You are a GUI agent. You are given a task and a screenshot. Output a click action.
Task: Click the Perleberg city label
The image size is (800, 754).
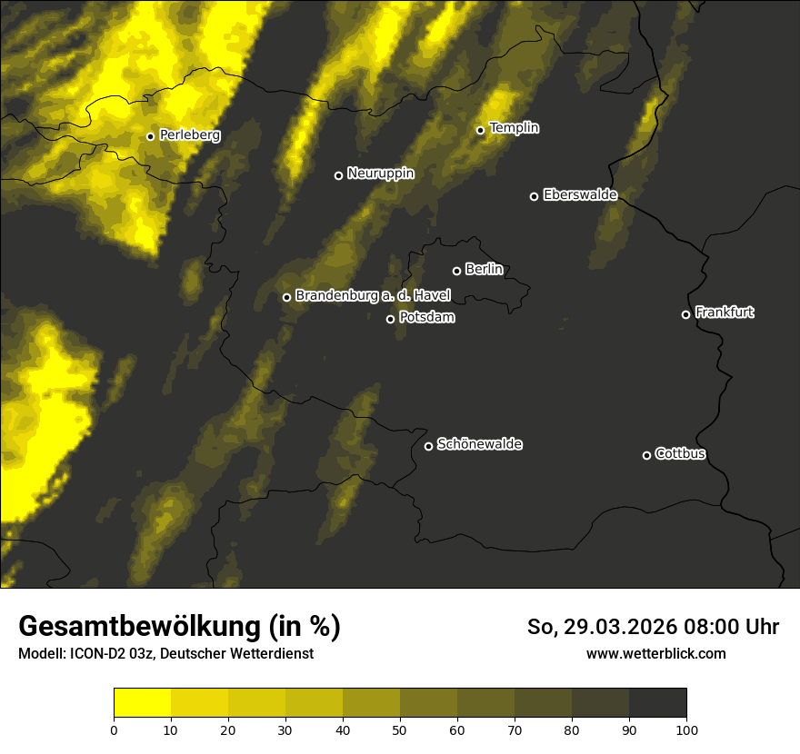pyautogui.click(x=190, y=134)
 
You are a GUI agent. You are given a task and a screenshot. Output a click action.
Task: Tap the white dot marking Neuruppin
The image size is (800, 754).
pyautogui.click(x=338, y=175)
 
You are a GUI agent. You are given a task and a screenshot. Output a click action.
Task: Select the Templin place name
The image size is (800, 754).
pyautogui.click(x=515, y=128)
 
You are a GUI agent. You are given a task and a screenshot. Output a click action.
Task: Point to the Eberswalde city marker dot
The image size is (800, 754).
pyautogui.click(x=534, y=196)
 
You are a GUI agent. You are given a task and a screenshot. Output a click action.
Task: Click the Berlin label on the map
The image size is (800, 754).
pyautogui.click(x=484, y=269)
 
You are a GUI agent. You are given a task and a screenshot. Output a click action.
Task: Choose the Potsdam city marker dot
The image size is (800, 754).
pyautogui.click(x=390, y=319)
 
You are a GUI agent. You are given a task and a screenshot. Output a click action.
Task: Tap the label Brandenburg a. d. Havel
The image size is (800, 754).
pyautogui.click(x=373, y=296)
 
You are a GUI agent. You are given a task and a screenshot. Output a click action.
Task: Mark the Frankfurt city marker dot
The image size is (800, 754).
pyautogui.click(x=685, y=314)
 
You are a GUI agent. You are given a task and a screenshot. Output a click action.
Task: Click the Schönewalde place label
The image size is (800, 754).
pyautogui.click(x=480, y=444)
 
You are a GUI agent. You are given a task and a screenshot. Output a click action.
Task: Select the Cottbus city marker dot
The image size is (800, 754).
pyautogui.click(x=646, y=455)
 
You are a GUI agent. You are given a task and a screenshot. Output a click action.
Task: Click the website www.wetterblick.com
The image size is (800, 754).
pyautogui.click(x=656, y=653)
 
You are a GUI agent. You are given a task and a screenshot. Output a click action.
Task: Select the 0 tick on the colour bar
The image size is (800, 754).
pyautogui.click(x=114, y=729)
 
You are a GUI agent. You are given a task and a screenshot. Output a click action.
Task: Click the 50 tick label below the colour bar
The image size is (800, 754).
pyautogui.click(x=400, y=729)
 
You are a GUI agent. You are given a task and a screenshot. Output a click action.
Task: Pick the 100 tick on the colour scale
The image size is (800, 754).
pyautogui.click(x=686, y=729)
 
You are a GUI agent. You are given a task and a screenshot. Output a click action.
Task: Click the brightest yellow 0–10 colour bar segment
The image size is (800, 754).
pyautogui.click(x=142, y=703)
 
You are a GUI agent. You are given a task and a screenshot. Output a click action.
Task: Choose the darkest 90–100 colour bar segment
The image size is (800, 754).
pyautogui.click(x=657, y=703)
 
